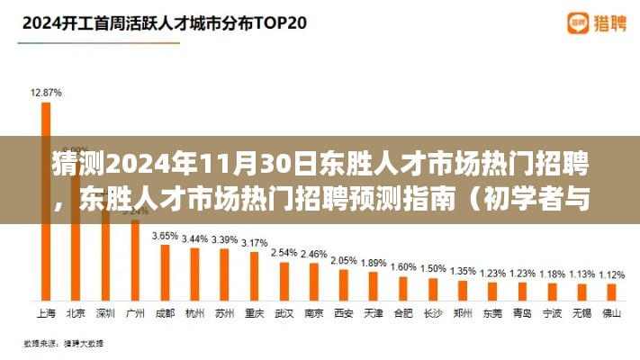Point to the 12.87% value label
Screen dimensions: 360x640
click(45, 92)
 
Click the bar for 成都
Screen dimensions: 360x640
click(164, 270)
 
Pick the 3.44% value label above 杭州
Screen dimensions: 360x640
click(194, 238)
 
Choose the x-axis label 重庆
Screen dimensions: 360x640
click(255, 313)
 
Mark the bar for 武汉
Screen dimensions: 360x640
click(284, 281)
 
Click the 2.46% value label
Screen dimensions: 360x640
click(314, 255)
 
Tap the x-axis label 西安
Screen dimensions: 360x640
click(344, 313)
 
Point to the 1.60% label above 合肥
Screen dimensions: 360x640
click(403, 266)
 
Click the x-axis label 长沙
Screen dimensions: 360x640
click(433, 313)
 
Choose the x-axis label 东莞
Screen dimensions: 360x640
click(492, 313)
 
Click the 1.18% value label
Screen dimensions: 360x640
click(552, 274)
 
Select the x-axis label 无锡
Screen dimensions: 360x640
click(581, 313)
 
